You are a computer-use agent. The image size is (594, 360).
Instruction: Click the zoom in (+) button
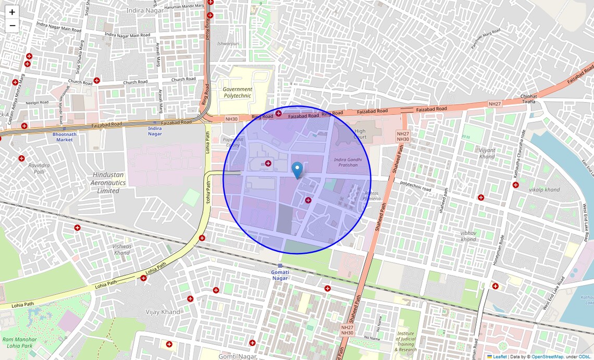(12, 12)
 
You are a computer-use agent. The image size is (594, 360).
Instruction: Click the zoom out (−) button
(12, 26)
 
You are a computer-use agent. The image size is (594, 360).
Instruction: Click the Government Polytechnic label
(237, 92)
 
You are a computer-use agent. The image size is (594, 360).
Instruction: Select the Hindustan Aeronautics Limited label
(108, 183)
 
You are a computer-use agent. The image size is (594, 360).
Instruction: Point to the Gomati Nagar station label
(280, 275)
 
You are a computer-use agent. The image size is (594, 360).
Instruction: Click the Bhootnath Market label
(65, 136)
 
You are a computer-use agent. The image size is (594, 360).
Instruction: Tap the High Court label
(360, 134)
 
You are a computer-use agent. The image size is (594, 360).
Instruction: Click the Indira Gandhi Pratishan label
(346, 162)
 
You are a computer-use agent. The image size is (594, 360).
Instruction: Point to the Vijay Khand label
(163, 312)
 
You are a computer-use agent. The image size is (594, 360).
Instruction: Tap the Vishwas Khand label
(122, 250)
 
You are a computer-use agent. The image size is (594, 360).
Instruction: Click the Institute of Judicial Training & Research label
(405, 341)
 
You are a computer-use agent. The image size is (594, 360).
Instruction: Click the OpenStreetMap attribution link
(547, 357)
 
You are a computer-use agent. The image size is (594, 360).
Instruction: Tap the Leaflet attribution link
(500, 357)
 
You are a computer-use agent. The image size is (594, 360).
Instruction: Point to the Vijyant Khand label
(487, 153)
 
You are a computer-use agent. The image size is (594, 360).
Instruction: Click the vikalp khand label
(544, 190)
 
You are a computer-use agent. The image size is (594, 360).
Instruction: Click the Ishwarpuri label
(228, 44)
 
